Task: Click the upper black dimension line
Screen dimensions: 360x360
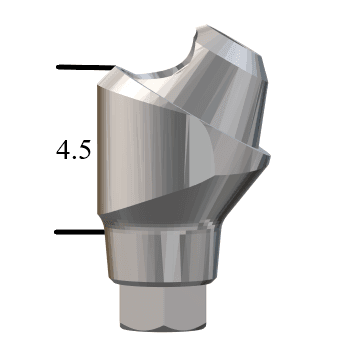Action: coord(82,68)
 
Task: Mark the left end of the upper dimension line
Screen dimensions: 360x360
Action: coord(58,68)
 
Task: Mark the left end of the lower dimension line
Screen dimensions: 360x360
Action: coord(56,232)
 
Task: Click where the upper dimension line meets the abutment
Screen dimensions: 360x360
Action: coord(106,68)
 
